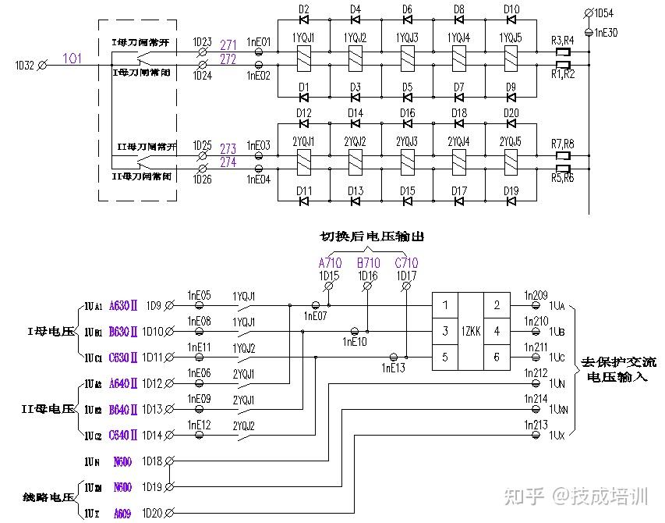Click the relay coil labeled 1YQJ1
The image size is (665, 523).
303,56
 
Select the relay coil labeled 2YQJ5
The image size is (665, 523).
511,161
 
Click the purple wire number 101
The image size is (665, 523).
72,59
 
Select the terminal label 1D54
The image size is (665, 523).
603,14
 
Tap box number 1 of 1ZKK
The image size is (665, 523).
445,305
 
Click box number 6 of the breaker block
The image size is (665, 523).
497,358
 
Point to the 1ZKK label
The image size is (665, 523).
471,331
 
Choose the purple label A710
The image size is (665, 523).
330,263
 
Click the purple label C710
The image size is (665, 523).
406,263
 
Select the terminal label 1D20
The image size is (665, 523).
152,512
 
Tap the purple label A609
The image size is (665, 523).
122,513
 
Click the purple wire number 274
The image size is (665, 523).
228,162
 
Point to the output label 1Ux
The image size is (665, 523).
557,434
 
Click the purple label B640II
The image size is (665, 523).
123,409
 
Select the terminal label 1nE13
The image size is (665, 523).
393,367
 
